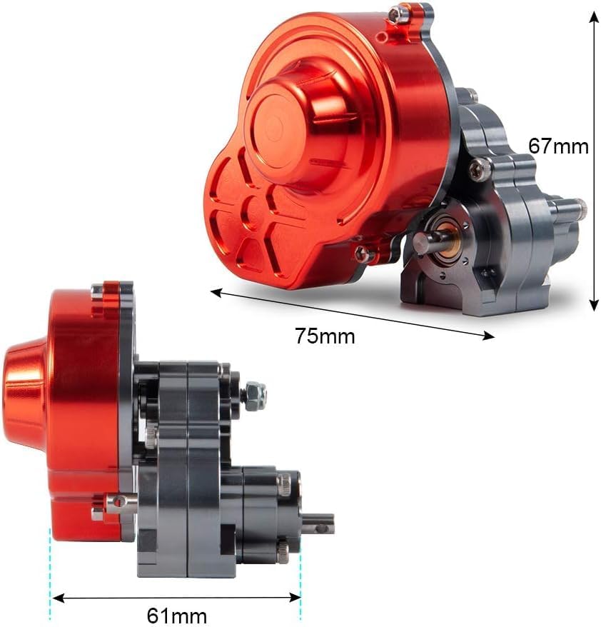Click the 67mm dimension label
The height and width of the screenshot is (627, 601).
(558, 146)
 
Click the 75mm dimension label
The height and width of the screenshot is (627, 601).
(325, 336)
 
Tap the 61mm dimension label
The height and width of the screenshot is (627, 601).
(176, 616)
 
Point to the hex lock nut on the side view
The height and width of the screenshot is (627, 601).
(255, 396)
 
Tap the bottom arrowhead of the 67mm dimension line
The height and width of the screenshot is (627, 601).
(594, 305)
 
